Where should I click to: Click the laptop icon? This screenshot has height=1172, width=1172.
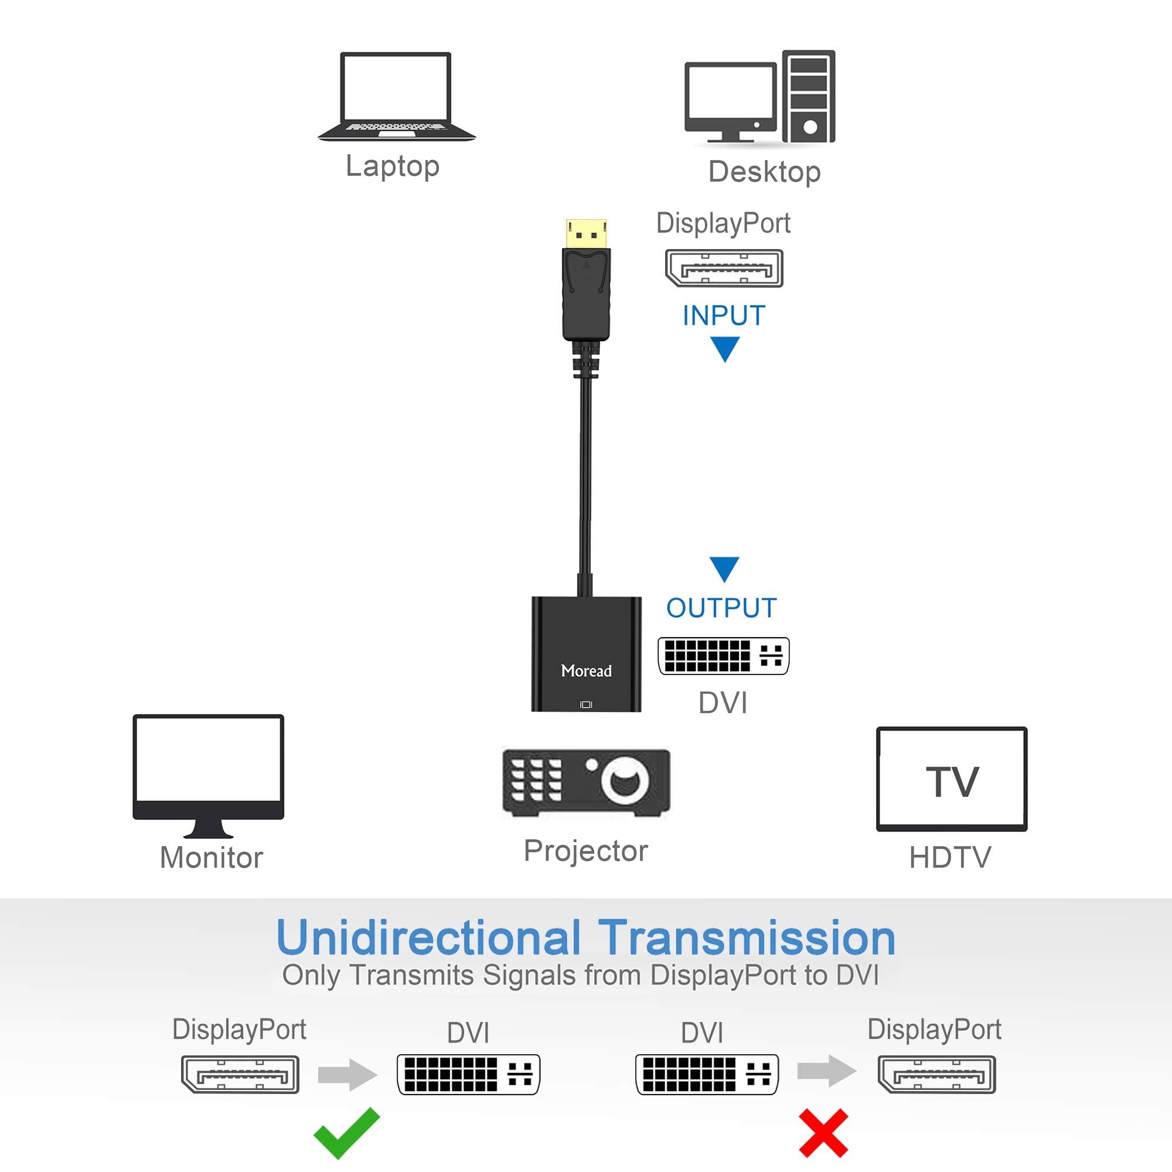(x=396, y=97)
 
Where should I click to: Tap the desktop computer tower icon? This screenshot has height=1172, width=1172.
(x=808, y=97)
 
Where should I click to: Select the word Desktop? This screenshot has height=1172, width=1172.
(x=764, y=172)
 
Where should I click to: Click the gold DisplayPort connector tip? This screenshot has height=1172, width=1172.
(x=586, y=233)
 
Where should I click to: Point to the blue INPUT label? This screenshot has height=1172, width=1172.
(x=724, y=315)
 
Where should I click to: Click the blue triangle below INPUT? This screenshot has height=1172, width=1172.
(x=724, y=347)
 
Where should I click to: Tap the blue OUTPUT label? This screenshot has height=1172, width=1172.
(x=721, y=608)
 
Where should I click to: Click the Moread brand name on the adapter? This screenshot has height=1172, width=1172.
(x=586, y=671)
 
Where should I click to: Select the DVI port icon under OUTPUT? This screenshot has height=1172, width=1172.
(x=723, y=656)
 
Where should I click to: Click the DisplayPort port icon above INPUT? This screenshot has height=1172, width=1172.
(x=724, y=268)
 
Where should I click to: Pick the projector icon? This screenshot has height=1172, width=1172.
(x=586, y=782)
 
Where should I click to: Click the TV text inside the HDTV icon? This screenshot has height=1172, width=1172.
(x=952, y=782)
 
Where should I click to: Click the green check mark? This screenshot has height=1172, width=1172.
(x=346, y=1132)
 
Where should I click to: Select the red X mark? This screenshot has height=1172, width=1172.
(x=823, y=1133)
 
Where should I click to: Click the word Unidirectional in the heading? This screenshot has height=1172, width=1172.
(x=428, y=938)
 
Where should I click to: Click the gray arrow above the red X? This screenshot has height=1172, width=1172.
(x=826, y=1071)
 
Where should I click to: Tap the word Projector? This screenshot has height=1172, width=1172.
(x=586, y=850)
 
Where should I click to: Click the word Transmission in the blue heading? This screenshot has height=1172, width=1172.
(x=747, y=938)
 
